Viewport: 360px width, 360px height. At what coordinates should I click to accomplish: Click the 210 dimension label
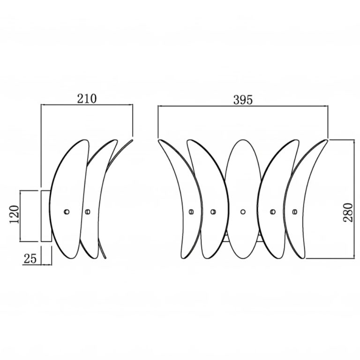coord(87,99)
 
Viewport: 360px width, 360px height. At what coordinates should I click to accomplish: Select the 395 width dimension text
coord(243,100)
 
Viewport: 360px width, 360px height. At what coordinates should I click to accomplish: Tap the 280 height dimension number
coord(348,212)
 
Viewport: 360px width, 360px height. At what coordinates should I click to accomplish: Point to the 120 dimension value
coord(14,215)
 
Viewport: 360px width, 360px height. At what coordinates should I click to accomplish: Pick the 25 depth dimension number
coord(30,259)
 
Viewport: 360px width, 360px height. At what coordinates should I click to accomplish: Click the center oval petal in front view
coord(243,199)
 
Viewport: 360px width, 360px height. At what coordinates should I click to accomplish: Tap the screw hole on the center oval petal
coord(243,212)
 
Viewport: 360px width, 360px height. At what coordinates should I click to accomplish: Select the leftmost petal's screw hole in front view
coord(191,212)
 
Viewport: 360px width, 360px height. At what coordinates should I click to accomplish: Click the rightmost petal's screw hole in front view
coord(295,212)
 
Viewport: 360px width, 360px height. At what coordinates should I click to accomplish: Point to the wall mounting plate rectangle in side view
coord(46,216)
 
